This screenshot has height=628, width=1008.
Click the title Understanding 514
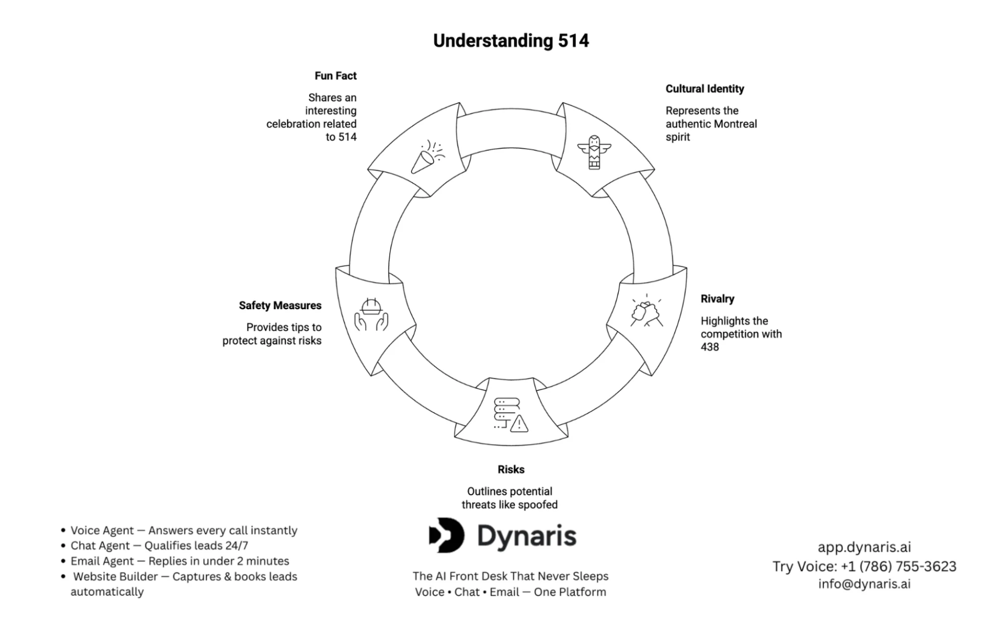pyautogui.click(x=511, y=41)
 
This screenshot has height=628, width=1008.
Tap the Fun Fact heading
pyautogui.click(x=335, y=76)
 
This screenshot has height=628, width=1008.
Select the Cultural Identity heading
pyautogui.click(x=704, y=89)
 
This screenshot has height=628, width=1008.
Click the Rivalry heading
pyautogui.click(x=717, y=299)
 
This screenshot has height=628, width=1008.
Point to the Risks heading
pyautogui.click(x=511, y=470)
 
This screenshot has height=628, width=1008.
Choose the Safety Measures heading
pyautogui.click(x=280, y=306)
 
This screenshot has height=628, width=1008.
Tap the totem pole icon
pyautogui.click(x=594, y=152)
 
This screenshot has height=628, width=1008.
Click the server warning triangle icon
pyautogui.click(x=510, y=415)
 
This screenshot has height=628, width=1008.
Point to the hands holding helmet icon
pyautogui.click(x=371, y=315)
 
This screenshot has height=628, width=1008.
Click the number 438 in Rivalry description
pyautogui.click(x=709, y=347)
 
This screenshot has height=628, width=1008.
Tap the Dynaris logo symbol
pyautogui.click(x=446, y=535)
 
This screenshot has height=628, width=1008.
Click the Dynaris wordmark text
pyautogui.click(x=526, y=536)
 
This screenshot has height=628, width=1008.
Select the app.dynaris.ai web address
pyautogui.click(x=864, y=547)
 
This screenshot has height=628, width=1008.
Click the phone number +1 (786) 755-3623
pyautogui.click(x=898, y=566)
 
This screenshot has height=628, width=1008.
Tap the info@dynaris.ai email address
pyautogui.click(x=864, y=584)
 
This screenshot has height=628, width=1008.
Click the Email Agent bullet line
pyautogui.click(x=180, y=561)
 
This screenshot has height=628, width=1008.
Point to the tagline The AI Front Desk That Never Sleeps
pyautogui.click(x=510, y=576)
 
